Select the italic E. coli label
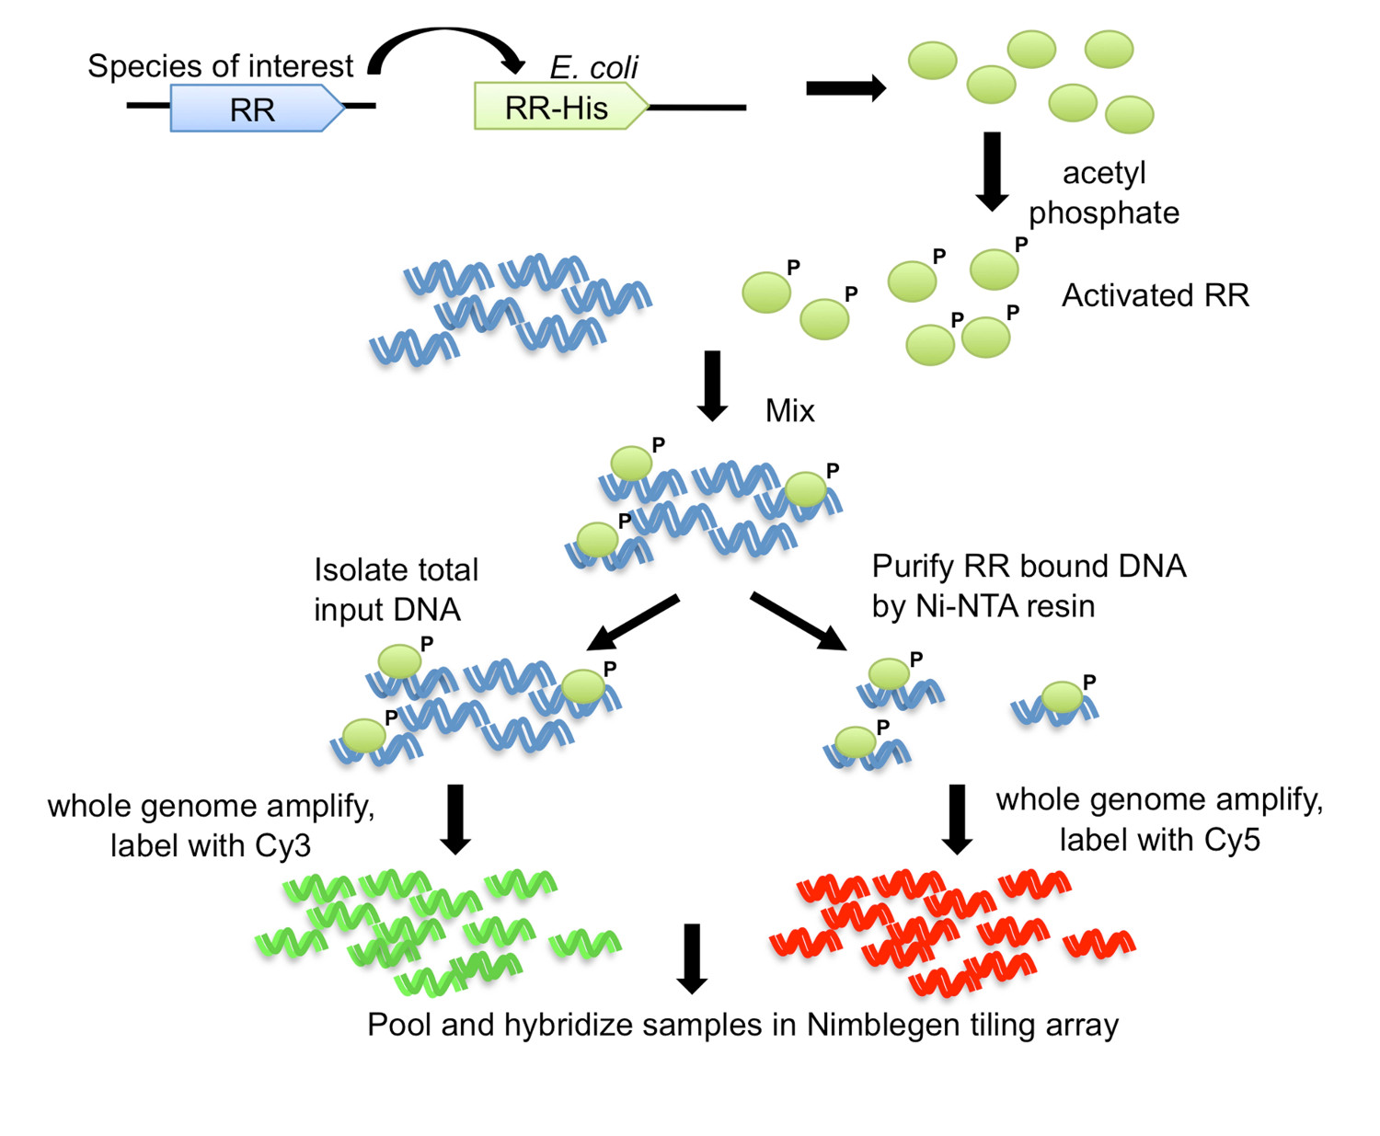coord(593,67)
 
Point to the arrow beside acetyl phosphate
coord(992,171)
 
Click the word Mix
coord(789,410)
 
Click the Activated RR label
coord(1156,295)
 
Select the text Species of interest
coord(220,66)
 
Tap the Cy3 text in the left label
coord(282,845)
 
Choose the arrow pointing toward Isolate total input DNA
coord(633,623)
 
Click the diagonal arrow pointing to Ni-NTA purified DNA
coord(798,622)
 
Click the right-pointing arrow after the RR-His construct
coord(845,88)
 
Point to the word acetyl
coord(1104,173)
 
